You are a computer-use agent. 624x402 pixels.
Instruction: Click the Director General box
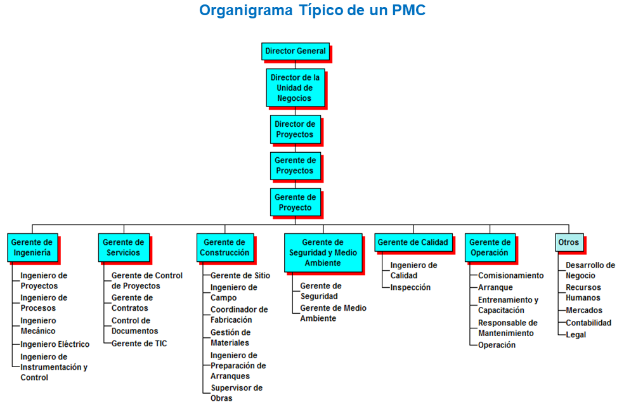pyautogui.click(x=296, y=51)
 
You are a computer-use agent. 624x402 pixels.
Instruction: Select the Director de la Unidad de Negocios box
pyautogui.click(x=296, y=88)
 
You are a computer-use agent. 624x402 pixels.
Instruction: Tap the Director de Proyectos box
pyautogui.click(x=296, y=129)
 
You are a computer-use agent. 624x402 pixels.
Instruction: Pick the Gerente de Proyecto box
pyautogui.click(x=296, y=202)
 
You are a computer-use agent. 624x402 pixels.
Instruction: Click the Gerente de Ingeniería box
pyautogui.click(x=32, y=247)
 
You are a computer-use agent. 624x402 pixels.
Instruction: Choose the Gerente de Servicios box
pyautogui.click(x=124, y=247)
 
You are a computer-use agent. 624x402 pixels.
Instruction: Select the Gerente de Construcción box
pyautogui.click(x=225, y=247)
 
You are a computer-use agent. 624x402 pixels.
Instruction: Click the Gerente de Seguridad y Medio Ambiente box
pyautogui.click(x=323, y=253)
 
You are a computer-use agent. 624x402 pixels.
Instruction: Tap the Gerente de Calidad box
pyautogui.click(x=413, y=242)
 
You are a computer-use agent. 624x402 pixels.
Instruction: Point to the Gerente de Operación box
pyautogui.click(x=490, y=247)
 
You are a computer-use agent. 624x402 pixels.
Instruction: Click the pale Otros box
pyautogui.click(x=569, y=242)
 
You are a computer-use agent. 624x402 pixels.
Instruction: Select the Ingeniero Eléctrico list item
pyautogui.click(x=55, y=344)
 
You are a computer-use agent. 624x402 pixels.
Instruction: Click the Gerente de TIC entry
pyautogui.click(x=139, y=344)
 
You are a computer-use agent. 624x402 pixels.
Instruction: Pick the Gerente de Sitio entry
pyautogui.click(x=240, y=275)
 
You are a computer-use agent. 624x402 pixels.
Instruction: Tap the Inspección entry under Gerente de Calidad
pyautogui.click(x=410, y=287)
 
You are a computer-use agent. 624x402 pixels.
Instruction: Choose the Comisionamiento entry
pyautogui.click(x=510, y=275)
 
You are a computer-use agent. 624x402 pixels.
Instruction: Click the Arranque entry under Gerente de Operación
pyautogui.click(x=495, y=287)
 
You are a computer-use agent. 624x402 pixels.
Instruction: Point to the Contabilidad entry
pyautogui.click(x=588, y=323)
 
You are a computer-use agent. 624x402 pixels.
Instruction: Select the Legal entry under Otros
pyautogui.click(x=575, y=335)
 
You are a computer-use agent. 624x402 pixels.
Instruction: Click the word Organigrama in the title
pyautogui.click(x=246, y=10)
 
